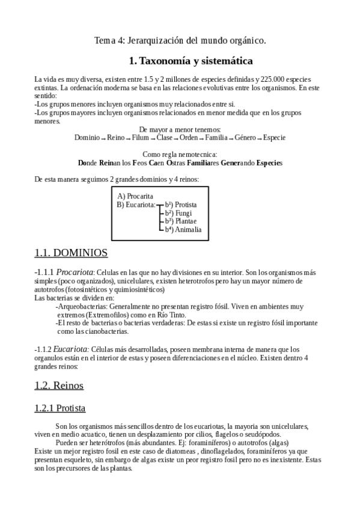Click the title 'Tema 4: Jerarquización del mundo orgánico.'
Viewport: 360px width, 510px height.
pos(180,40)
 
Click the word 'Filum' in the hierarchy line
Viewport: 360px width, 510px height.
pos(140,138)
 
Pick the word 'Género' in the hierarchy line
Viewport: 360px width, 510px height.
pos(245,138)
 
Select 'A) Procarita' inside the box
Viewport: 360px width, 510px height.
pos(135,196)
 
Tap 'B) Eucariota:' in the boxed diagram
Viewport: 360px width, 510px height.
pos(136,204)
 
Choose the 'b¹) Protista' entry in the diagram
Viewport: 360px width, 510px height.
pos(182,204)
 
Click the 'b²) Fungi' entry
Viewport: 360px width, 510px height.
pos(178,213)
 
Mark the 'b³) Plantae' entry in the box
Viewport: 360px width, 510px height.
pos(181,221)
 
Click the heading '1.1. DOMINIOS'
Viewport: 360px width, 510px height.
pos(71,252)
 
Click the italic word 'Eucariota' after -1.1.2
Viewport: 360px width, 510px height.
pos(72,349)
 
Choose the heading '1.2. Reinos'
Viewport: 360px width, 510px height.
pos(59,385)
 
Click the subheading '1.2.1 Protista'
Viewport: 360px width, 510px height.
pos(59,408)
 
